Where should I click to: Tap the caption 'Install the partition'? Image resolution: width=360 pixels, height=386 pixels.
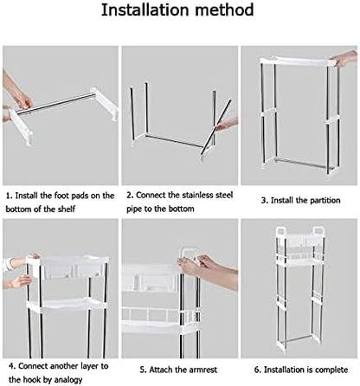[299, 201]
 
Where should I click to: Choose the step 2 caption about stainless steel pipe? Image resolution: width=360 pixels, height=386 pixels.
[180, 203]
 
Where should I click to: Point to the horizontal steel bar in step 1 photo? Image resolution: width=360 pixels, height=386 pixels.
[61, 105]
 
